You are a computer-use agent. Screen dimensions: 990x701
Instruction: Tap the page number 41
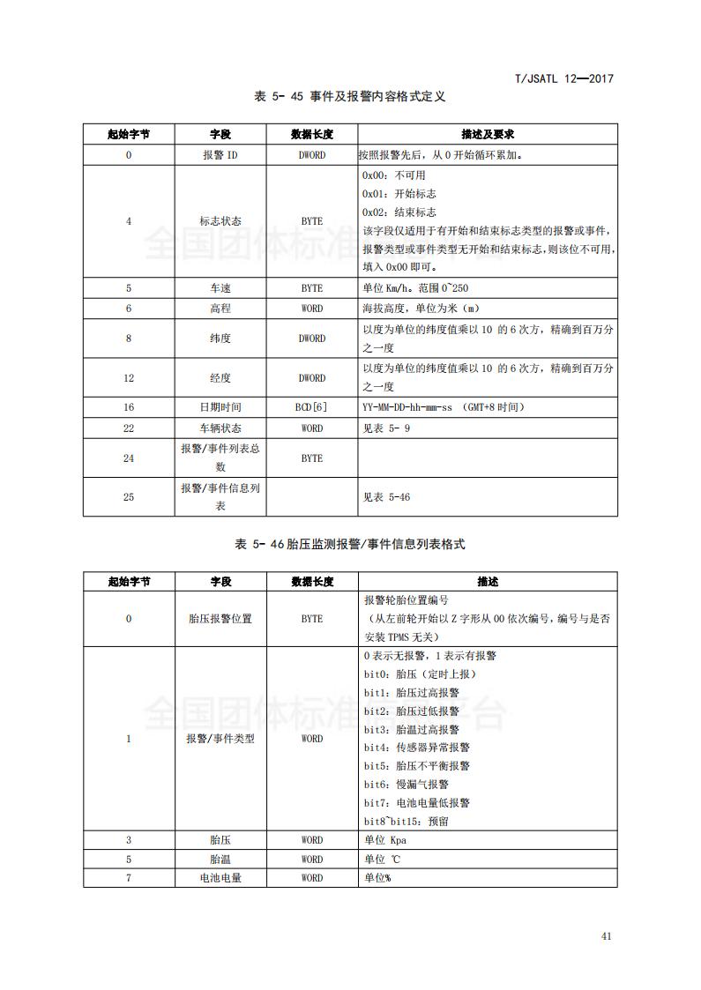(606, 936)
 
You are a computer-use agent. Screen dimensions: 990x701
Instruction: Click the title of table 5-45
(350, 96)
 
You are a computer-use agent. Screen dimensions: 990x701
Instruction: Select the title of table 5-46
(350, 544)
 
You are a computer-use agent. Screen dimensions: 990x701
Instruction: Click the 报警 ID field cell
(220, 155)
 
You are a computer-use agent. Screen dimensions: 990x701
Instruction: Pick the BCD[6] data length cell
(311, 407)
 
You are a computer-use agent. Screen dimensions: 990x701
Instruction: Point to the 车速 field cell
(220, 288)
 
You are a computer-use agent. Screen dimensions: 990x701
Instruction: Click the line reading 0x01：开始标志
(399, 194)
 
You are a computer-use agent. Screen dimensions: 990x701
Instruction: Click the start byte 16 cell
(129, 407)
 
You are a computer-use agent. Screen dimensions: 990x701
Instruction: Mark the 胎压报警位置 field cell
(220, 619)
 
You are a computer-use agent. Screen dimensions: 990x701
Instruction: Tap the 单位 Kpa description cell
(385, 840)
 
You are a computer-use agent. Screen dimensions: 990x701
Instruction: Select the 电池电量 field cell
(220, 878)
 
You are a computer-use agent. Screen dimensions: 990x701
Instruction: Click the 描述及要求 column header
(488, 134)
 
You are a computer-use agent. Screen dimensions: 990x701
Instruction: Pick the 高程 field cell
(220, 309)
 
